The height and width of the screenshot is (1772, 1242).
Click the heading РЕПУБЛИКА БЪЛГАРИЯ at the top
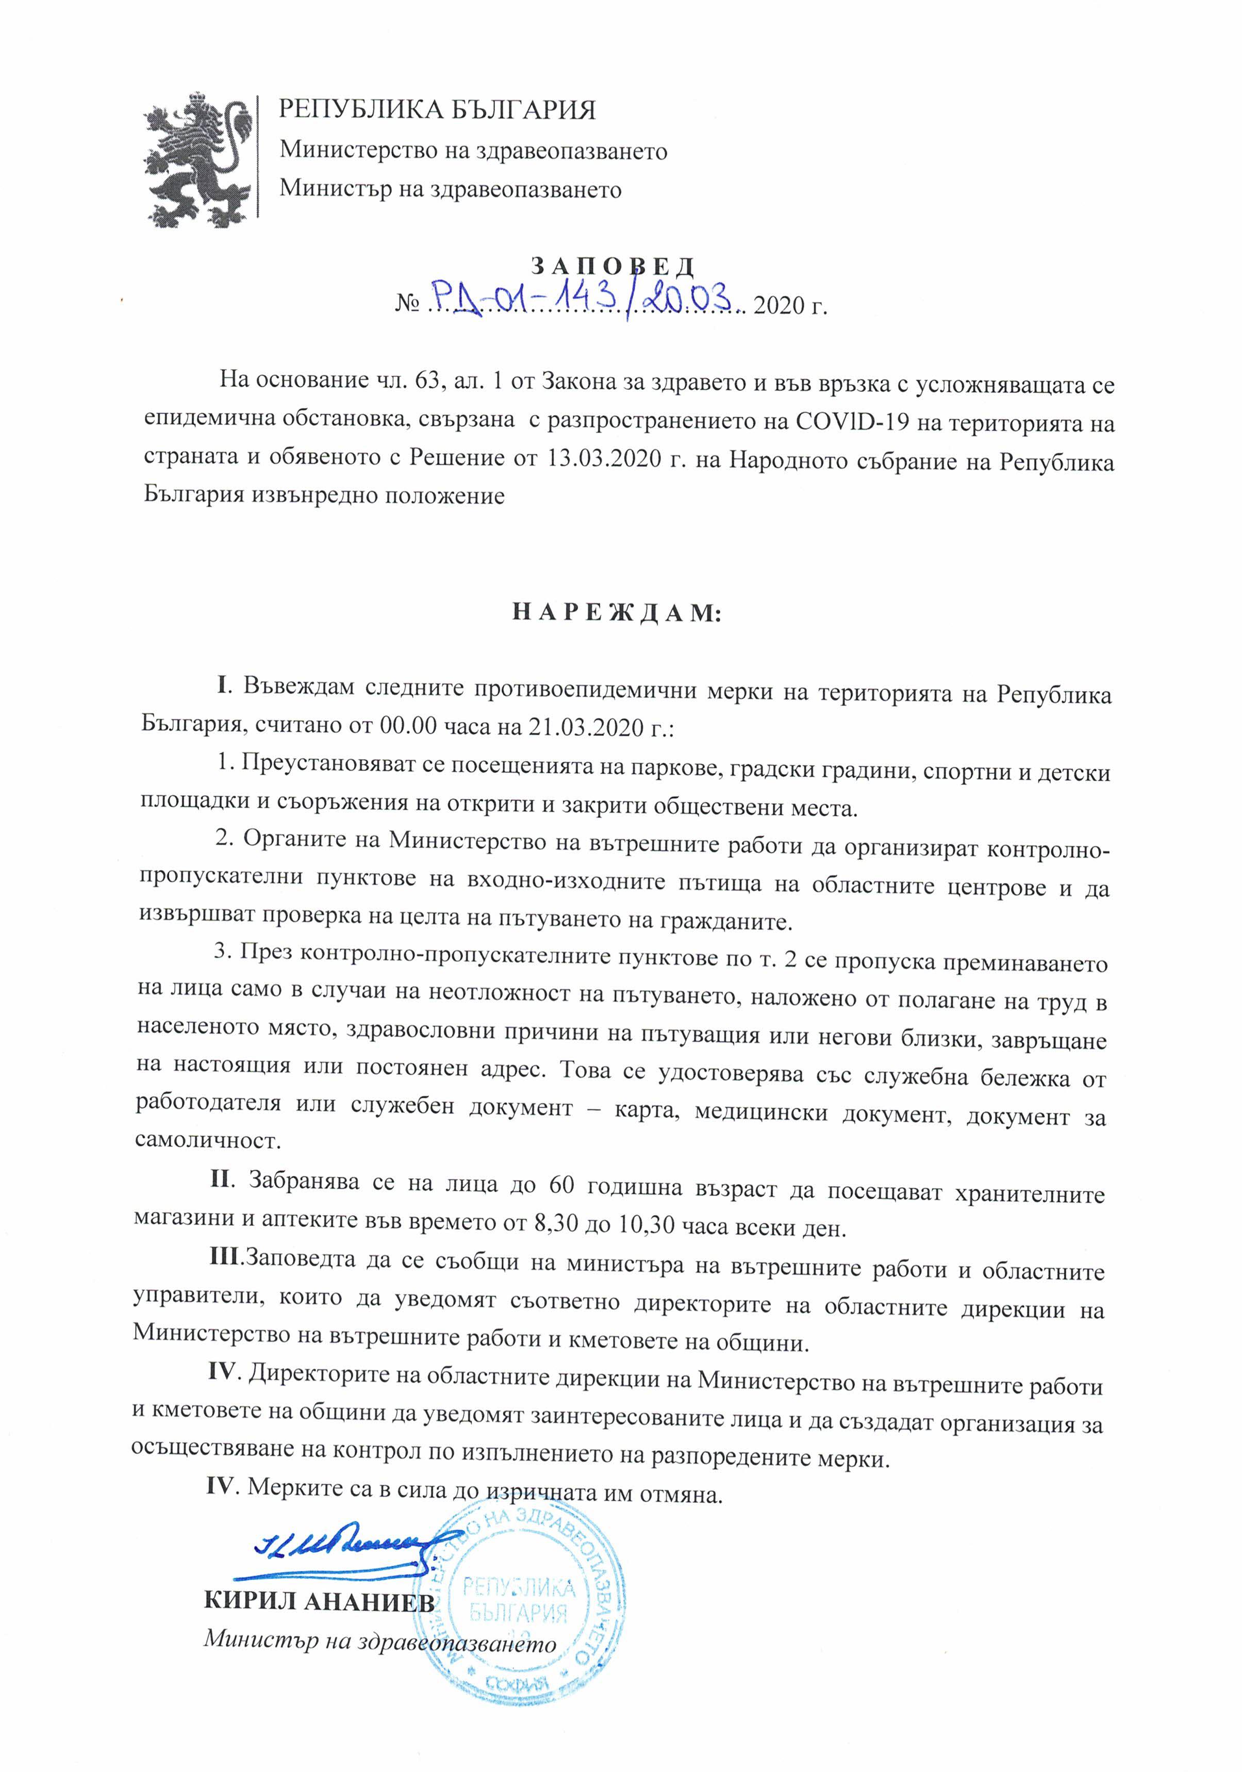point(437,110)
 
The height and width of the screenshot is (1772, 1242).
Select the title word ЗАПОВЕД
point(614,266)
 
